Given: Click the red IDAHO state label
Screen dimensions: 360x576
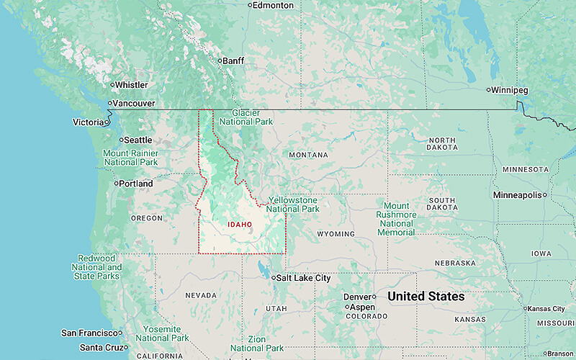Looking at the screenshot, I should click(240, 224).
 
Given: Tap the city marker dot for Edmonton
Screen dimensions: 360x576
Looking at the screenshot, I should click(250, 5).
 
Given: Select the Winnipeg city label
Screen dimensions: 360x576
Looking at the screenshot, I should click(510, 90).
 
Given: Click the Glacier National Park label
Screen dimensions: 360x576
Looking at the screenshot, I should click(246, 117).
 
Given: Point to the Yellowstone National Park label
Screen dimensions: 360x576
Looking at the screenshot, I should click(293, 204).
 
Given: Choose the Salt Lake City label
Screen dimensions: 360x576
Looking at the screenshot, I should click(303, 278).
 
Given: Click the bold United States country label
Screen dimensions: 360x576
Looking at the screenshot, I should click(426, 297).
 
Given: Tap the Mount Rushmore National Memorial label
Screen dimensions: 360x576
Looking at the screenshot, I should click(396, 219).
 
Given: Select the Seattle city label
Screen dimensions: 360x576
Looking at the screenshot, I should click(138, 140).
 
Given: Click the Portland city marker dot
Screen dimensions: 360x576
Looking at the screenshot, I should click(115, 184).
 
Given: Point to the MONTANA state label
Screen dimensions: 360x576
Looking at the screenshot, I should click(308, 155).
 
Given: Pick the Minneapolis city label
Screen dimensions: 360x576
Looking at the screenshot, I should click(517, 195).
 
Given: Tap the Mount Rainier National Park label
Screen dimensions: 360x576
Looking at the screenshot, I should click(130, 158).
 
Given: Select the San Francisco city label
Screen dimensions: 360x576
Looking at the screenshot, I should click(89, 333).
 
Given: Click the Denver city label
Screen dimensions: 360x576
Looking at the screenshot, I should click(357, 297).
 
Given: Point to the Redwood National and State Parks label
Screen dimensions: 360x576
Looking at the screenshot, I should click(96, 267).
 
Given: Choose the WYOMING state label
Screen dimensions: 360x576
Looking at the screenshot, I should click(336, 234).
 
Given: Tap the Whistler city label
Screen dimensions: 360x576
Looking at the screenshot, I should click(131, 85).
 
